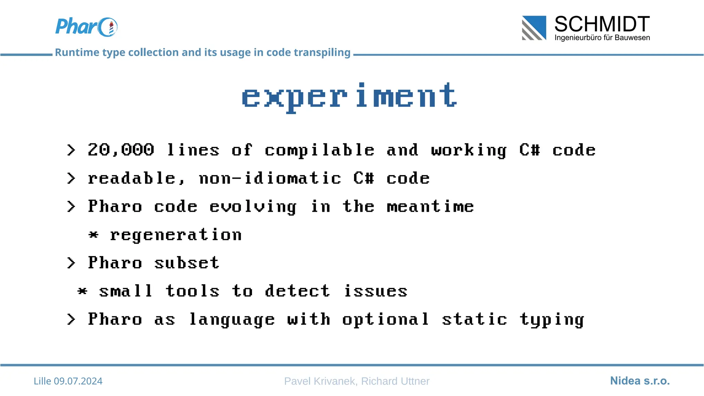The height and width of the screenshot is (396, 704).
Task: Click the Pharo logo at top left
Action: [x=86, y=27]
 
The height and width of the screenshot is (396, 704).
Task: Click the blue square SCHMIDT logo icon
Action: [x=534, y=28]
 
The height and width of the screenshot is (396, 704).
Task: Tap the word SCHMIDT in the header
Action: [x=602, y=24]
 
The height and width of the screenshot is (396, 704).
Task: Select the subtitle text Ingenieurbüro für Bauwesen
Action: [x=602, y=37]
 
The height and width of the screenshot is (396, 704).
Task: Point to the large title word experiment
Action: [x=349, y=96]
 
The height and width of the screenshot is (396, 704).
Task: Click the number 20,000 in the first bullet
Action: [x=121, y=150]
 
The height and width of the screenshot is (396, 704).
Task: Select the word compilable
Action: [x=319, y=151]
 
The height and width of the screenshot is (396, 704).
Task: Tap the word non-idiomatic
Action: [x=270, y=178]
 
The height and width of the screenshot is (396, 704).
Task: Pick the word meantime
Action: [x=430, y=207]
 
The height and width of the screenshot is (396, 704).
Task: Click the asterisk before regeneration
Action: [x=93, y=235]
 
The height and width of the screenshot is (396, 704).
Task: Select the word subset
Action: [x=186, y=263]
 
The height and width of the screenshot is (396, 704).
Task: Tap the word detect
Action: [x=297, y=291]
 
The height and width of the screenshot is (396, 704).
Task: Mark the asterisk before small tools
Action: [x=82, y=291]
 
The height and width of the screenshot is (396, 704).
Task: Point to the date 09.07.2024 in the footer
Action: [x=78, y=381]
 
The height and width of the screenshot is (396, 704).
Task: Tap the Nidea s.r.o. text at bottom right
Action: [x=640, y=381]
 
